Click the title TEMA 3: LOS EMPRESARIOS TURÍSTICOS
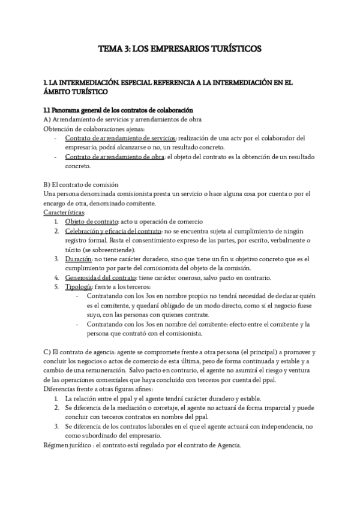pos(179,50)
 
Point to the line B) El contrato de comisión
pos(81,185)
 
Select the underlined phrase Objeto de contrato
pos(92,222)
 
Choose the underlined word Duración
pos(78,259)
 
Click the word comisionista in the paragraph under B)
pos(124,194)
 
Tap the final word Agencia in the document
pos(227,445)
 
